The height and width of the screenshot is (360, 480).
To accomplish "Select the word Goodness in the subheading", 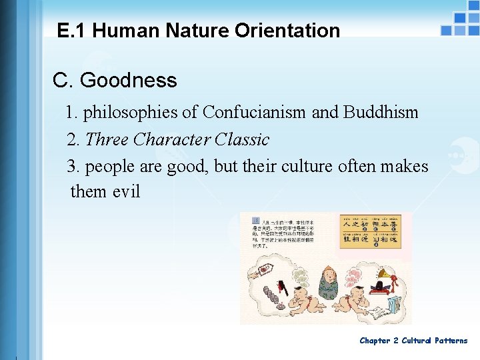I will [x=128, y=81].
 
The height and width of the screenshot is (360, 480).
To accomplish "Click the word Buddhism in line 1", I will [x=381, y=112].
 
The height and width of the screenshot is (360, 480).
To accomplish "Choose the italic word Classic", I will [x=243, y=139].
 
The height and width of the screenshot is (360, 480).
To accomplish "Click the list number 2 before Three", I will [x=73, y=139].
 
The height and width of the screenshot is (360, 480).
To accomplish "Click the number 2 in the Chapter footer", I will [x=395, y=341].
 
